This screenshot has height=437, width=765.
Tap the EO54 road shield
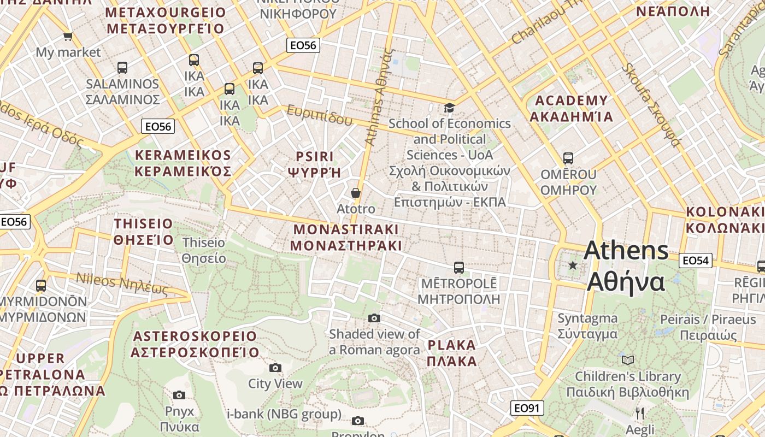(696, 261)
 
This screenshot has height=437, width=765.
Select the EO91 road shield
(528, 408)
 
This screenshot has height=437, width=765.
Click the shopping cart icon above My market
(68, 37)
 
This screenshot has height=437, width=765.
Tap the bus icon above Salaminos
(122, 68)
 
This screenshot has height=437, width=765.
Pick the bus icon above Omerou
(568, 158)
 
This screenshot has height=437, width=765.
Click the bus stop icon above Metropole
(459, 268)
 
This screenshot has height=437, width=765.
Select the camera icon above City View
(275, 368)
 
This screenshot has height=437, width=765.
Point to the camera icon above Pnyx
(179, 395)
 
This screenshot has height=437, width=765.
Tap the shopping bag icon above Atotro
(356, 193)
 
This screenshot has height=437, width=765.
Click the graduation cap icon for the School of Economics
(449, 108)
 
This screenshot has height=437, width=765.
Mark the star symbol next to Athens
(573, 265)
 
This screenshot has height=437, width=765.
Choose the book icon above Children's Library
(628, 360)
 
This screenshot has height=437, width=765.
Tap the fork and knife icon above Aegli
(640, 413)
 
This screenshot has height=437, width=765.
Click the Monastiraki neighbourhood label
(346, 237)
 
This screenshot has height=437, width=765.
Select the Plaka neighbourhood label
(452, 353)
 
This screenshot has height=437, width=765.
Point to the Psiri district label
(315, 164)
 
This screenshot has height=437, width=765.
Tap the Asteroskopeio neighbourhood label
(195, 344)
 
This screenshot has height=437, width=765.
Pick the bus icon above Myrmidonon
(41, 286)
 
